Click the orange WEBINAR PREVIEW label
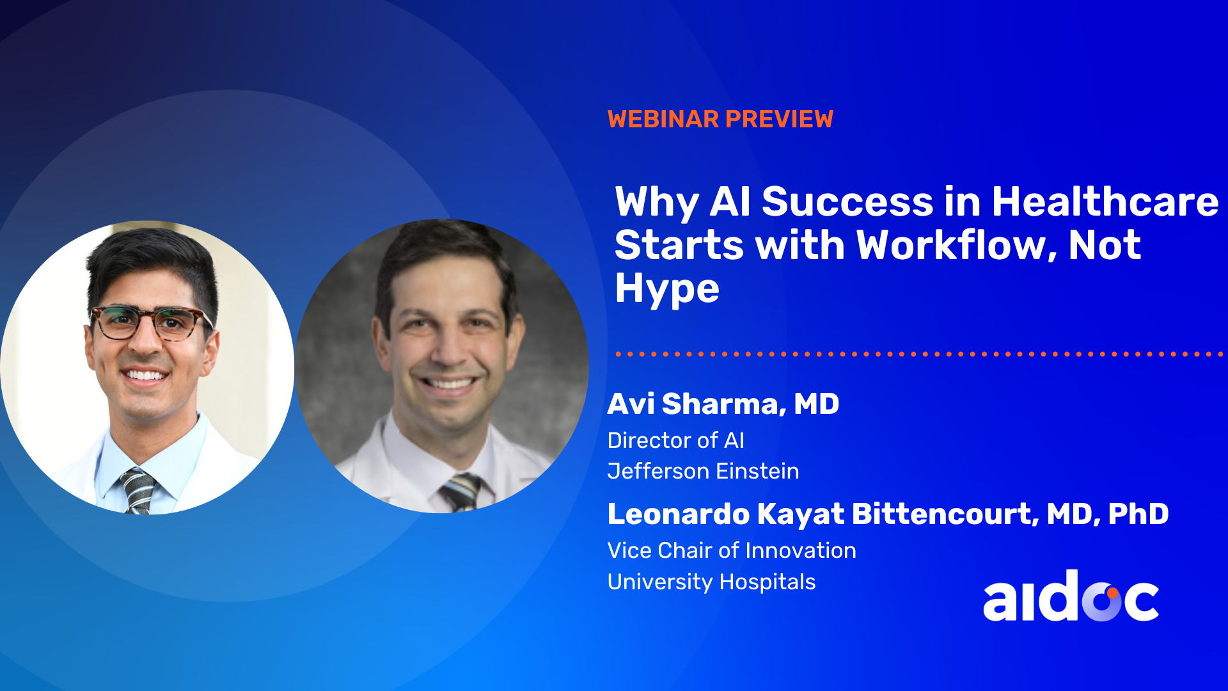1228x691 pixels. [x=720, y=119]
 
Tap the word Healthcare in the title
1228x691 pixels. [x=1105, y=202]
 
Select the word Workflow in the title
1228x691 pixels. [x=956, y=245]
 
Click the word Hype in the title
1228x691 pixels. [x=667, y=289]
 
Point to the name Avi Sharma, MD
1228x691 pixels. [x=723, y=404]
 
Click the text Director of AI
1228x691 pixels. [x=676, y=440]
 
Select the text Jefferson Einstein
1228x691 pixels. [x=703, y=471]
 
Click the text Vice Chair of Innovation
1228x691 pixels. [x=732, y=550]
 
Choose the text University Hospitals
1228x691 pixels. [x=711, y=582]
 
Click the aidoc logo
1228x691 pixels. [x=1071, y=596]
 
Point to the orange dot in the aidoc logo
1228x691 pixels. [x=1113, y=592]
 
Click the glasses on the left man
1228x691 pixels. [x=151, y=322]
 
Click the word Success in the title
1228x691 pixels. [x=848, y=202]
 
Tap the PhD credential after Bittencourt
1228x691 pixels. [x=1138, y=514]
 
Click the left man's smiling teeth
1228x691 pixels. [x=146, y=375]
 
